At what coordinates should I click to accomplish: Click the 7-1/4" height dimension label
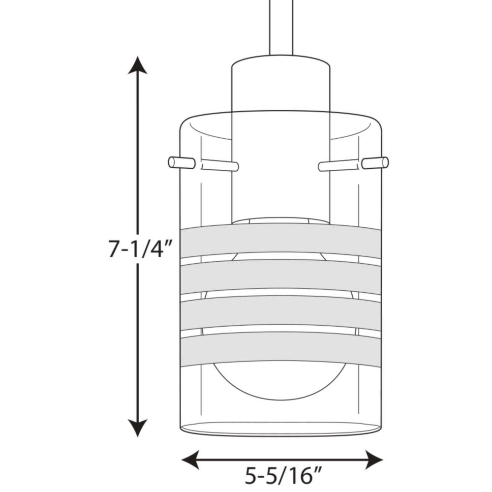[140, 248]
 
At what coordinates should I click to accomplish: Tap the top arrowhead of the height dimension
[137, 65]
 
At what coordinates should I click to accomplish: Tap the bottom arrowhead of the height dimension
[137, 428]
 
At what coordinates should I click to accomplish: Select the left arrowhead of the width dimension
[191, 460]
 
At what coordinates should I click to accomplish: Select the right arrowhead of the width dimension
[374, 460]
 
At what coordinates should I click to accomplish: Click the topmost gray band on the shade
[281, 241]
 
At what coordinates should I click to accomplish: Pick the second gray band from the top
[281, 276]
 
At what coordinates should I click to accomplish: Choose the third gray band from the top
[281, 312]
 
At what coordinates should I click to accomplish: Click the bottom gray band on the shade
[281, 348]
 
